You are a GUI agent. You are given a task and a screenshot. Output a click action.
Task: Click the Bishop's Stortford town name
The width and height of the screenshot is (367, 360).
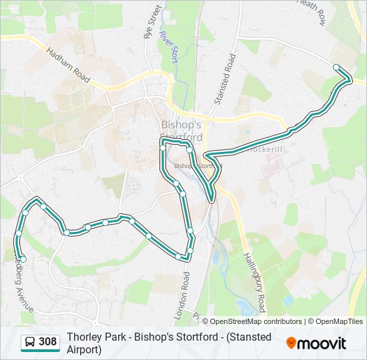[x=181, y=131]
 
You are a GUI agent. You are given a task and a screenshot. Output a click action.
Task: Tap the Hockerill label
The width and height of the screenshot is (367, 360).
[x=265, y=149]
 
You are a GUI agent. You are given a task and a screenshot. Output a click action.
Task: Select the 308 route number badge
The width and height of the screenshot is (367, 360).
[x=47, y=342]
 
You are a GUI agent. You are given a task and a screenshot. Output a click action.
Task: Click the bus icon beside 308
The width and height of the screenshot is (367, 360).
[x=30, y=343]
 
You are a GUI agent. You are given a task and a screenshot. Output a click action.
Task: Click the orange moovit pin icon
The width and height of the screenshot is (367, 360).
[x=291, y=343]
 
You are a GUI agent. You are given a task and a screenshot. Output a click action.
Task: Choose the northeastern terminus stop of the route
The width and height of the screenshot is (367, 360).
[x=336, y=67]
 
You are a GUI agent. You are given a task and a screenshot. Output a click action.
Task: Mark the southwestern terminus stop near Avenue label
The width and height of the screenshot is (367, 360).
[x=23, y=259]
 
